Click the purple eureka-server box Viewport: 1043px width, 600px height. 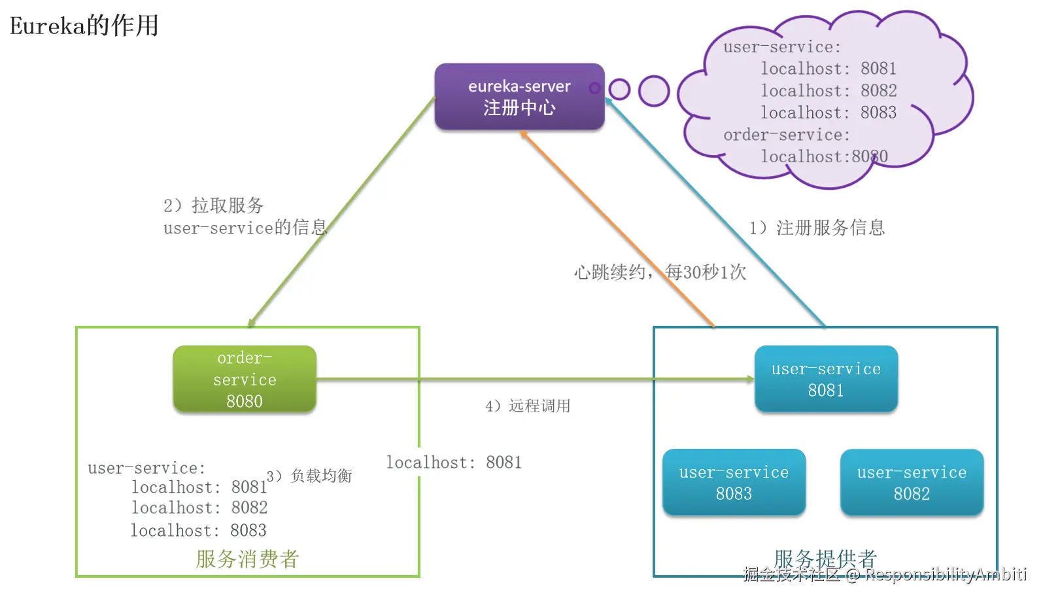(x=520, y=96)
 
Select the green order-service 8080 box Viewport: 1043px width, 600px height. (x=245, y=379)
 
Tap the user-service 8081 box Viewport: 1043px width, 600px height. (x=826, y=379)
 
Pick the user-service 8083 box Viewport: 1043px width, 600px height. (x=734, y=482)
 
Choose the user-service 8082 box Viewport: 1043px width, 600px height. (x=912, y=482)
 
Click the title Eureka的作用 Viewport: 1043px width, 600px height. (x=84, y=26)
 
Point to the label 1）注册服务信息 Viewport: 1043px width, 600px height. (x=817, y=228)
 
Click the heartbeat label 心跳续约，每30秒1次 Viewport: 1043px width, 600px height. (x=660, y=272)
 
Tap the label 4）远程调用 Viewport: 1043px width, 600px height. (x=528, y=406)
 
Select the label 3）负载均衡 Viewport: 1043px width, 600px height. (x=309, y=476)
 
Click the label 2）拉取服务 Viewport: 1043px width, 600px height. (x=214, y=205)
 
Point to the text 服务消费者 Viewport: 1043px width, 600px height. (x=247, y=559)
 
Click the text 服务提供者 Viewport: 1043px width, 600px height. (x=825, y=559)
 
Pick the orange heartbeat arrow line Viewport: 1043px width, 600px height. (x=617, y=229)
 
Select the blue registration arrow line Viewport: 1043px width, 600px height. (x=715, y=213)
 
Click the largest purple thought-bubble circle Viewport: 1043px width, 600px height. (x=654, y=91)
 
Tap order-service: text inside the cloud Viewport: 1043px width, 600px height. (x=787, y=135)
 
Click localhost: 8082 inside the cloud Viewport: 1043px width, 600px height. (x=829, y=90)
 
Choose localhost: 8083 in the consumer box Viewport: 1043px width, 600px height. (x=198, y=530)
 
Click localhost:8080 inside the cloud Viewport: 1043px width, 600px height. (x=824, y=156)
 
